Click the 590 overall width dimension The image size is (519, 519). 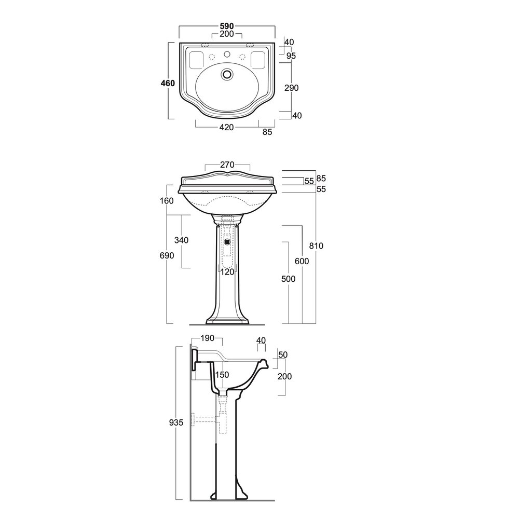226,26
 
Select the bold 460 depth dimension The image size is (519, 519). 167,83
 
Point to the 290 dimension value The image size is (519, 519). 292,88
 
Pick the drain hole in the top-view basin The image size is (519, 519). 226,74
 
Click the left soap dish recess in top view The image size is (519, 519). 196,59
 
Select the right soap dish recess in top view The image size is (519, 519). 257,59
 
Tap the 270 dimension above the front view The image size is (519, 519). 227,166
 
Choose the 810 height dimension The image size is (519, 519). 316,245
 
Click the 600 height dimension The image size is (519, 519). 302,261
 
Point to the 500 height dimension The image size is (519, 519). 288,279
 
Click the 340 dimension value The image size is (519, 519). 181,240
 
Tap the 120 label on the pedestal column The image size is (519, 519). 227,271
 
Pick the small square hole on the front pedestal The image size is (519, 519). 227,240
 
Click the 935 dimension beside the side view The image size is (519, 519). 176,423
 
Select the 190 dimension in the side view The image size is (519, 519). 208,338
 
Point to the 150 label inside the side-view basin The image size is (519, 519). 222,375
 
